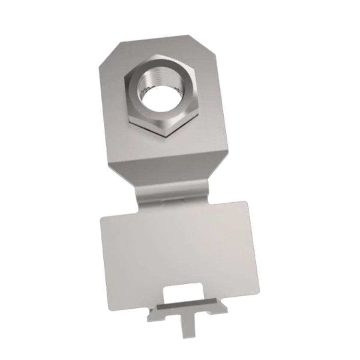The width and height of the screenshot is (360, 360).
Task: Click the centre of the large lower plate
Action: [178, 249]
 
